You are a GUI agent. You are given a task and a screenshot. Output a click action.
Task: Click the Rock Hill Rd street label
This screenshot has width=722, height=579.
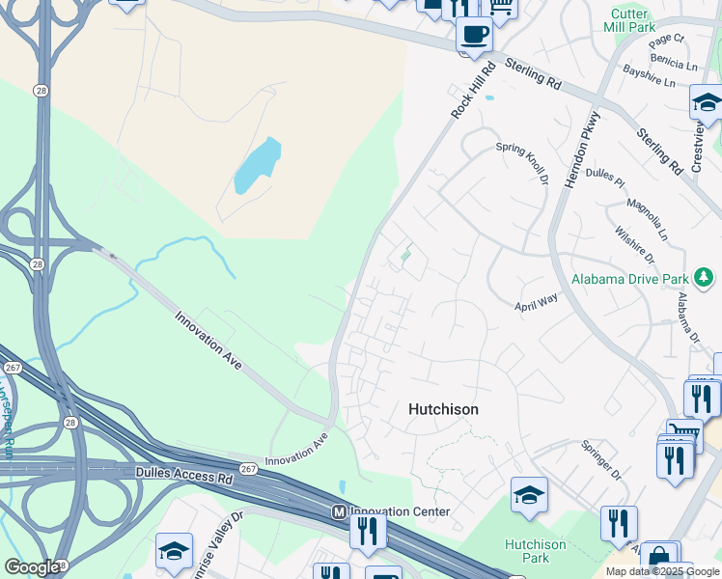tap(472, 91)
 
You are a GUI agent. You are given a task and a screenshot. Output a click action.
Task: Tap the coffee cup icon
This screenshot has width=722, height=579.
tap(474, 36)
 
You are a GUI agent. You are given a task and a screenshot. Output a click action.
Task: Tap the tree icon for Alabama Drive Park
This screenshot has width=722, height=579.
tap(706, 279)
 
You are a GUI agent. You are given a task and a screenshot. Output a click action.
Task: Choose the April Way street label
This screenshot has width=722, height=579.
tap(536, 301)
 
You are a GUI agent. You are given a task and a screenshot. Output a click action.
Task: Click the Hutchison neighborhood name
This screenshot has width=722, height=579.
tap(443, 409)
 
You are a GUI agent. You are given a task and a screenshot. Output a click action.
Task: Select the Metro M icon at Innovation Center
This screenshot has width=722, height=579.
tap(339, 511)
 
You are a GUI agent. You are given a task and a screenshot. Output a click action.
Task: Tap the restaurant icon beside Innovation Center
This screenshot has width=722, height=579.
tap(368, 531)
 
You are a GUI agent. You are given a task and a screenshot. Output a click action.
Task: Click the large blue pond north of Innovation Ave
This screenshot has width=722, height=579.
tap(257, 166)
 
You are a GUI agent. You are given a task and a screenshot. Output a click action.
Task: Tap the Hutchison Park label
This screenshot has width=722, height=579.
tap(528, 550)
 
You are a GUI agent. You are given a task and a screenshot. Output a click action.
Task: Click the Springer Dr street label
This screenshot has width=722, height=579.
tap(600, 461)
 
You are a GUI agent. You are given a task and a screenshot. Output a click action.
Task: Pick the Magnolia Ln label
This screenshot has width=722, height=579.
tap(646, 219)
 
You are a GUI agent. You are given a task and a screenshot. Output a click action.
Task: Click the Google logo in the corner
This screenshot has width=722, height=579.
tap(32, 566)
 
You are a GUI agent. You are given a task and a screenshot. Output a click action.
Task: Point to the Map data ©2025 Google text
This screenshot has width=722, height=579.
tap(663, 571)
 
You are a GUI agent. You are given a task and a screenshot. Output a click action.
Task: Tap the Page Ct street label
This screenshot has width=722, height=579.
tap(666, 40)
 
